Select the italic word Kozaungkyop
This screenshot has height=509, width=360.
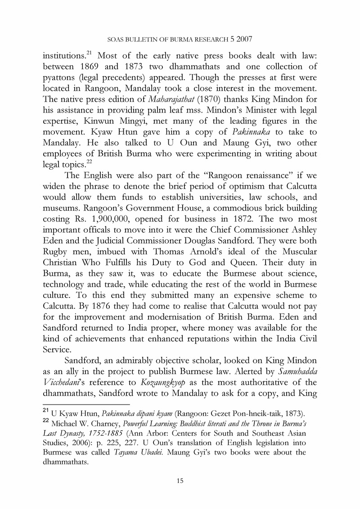tap(138, 396)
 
